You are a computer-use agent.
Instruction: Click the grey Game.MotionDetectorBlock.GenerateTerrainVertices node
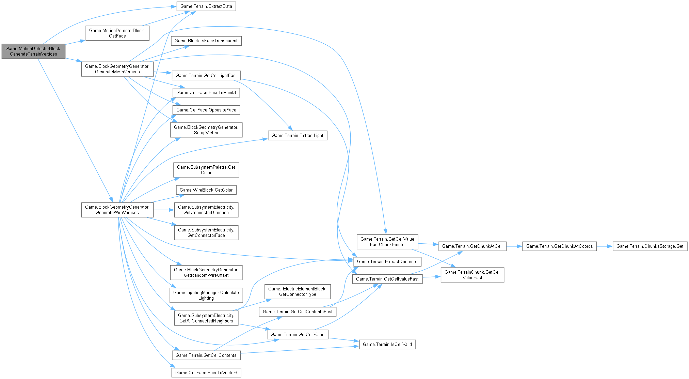pyautogui.click(x=33, y=51)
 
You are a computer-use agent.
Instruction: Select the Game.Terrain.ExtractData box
pyautogui.click(x=206, y=6)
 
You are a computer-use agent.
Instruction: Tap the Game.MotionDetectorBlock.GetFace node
pyautogui.click(x=117, y=33)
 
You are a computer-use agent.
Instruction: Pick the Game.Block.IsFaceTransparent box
pyautogui.click(x=206, y=41)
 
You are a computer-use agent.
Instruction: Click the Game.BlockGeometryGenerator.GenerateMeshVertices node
pyautogui.click(x=117, y=69)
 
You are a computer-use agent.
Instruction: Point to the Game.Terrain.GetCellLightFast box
pyautogui.click(x=206, y=75)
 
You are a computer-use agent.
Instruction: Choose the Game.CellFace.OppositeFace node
pyautogui.click(x=206, y=110)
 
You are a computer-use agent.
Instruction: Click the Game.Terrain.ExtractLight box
pyautogui.click(x=297, y=135)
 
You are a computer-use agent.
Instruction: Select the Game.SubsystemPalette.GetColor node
pyautogui.click(x=206, y=170)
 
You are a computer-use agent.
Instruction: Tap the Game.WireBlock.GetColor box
pyautogui.click(x=206, y=190)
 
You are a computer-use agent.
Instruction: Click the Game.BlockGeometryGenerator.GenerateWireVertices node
pyautogui.click(x=117, y=210)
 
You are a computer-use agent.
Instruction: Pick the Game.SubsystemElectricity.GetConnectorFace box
pyautogui.click(x=206, y=232)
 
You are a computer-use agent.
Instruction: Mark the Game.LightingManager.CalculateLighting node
pyautogui.click(x=206, y=295)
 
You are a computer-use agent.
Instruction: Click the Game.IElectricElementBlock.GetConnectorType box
pyautogui.click(x=297, y=291)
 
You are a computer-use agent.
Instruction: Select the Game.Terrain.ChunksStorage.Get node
pyautogui.click(x=650, y=246)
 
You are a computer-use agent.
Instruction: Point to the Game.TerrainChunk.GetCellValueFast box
pyautogui.click(x=472, y=275)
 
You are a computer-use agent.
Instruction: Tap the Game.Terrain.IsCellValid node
pyautogui.click(x=387, y=344)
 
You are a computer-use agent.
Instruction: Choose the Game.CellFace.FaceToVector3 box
pyautogui.click(x=206, y=373)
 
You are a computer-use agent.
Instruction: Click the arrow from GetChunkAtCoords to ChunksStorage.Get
pyautogui.click(x=605, y=246)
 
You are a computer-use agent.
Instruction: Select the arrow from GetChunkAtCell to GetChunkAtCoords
pyautogui.click(x=514, y=246)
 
